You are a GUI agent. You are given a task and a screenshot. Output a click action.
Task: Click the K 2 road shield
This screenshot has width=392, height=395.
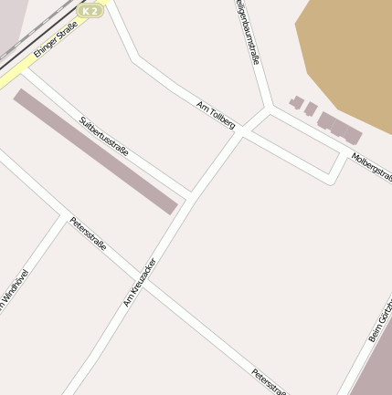90,10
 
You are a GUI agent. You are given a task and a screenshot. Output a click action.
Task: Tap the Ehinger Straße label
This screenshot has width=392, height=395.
55,42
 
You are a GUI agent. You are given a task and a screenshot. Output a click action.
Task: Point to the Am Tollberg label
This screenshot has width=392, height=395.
216,114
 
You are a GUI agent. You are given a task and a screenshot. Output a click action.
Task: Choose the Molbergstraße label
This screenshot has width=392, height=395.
371,167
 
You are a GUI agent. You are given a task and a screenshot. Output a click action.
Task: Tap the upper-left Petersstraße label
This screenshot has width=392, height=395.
88,234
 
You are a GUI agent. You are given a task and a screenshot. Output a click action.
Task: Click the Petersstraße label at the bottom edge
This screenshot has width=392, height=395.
269,381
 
